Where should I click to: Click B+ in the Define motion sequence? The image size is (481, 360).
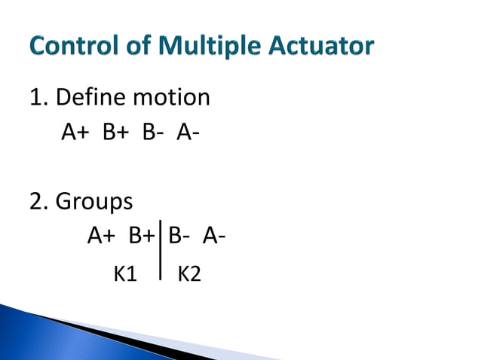coord(115,133)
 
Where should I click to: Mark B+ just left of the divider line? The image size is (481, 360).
coord(142,236)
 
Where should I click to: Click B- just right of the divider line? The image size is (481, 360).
coord(179,236)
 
